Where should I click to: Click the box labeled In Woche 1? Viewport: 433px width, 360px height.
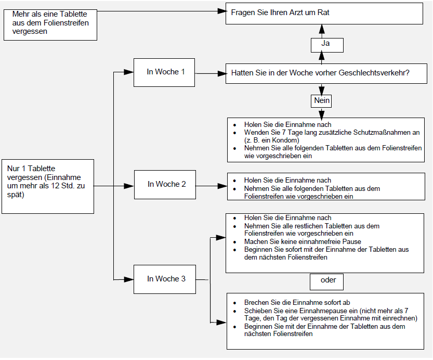[164, 72]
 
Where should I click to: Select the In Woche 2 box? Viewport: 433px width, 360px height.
[165, 185]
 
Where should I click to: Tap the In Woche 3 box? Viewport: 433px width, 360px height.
[165, 279]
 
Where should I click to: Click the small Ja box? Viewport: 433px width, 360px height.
[327, 45]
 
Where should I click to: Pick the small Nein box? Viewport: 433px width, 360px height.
[321, 100]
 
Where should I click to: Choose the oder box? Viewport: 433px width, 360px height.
[326, 282]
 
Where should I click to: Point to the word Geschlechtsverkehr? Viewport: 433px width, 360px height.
[374, 73]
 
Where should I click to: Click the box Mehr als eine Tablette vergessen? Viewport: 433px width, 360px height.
[50, 25]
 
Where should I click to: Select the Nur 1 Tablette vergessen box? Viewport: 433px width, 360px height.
[48, 186]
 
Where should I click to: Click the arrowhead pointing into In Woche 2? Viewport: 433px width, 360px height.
[129, 186]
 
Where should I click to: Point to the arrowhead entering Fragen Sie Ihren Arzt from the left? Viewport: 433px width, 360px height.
[222, 11]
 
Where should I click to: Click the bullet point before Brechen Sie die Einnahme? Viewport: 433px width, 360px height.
[235, 303]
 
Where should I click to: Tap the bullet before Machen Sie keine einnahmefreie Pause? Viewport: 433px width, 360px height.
[235, 242]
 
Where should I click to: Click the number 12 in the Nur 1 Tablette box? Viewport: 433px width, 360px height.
[55, 186]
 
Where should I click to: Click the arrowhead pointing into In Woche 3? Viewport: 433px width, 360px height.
[129, 279]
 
